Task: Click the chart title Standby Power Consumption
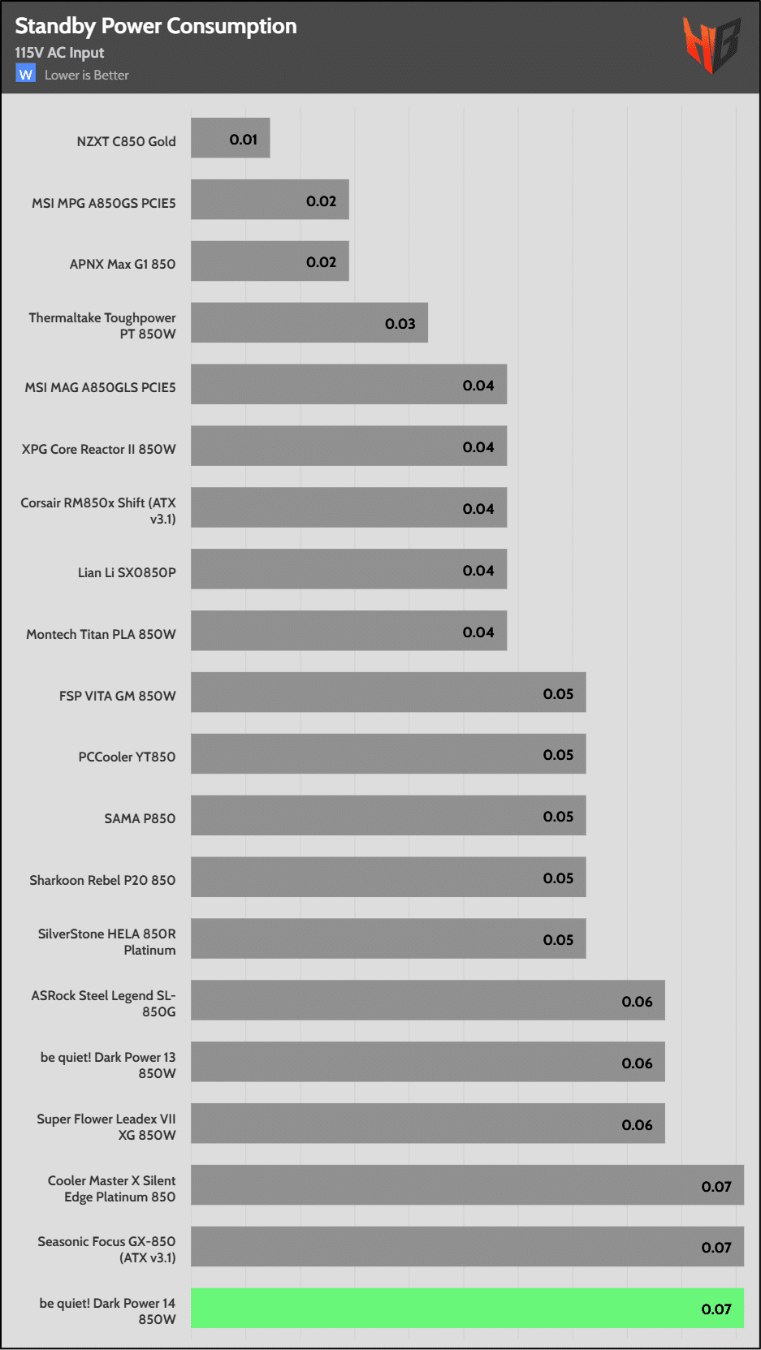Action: point(156,26)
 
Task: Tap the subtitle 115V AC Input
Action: point(59,53)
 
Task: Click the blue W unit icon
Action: point(25,74)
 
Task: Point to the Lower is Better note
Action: point(87,75)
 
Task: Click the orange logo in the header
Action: point(711,45)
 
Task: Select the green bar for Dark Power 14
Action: point(467,1308)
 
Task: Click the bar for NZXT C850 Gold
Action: point(230,138)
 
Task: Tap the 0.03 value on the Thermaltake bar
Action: point(400,324)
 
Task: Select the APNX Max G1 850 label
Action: point(123,264)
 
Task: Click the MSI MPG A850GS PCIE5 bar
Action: point(270,200)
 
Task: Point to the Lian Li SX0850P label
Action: point(127,572)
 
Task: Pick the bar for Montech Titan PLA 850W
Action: point(348,631)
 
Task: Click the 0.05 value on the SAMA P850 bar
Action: point(558,817)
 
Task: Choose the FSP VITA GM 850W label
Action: point(117,696)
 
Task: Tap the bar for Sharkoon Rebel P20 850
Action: point(388,877)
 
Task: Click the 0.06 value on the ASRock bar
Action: point(637,1002)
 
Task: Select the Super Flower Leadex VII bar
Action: point(427,1124)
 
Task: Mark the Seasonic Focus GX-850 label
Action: point(106,1249)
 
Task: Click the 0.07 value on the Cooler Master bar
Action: point(716,1187)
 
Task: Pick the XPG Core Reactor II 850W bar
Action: point(348,446)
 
